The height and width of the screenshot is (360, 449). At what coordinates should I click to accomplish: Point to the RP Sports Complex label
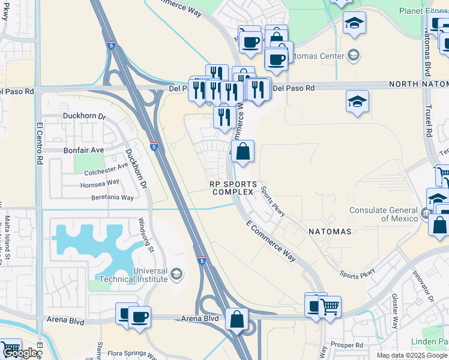click(x=234, y=188)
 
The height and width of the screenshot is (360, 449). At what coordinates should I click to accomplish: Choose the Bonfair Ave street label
click(x=83, y=149)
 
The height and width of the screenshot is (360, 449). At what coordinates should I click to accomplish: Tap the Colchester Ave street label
click(x=106, y=170)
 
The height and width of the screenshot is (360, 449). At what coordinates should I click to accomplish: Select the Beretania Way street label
click(x=112, y=197)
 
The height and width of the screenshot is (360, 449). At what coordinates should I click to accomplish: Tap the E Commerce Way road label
click(x=271, y=240)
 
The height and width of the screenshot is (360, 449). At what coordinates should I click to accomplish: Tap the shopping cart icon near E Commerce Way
click(x=329, y=307)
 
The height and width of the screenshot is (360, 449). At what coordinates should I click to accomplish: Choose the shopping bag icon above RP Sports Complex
click(x=243, y=152)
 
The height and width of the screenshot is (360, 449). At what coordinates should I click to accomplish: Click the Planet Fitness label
click(x=423, y=10)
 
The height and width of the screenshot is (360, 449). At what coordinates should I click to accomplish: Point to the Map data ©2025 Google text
click(x=411, y=355)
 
